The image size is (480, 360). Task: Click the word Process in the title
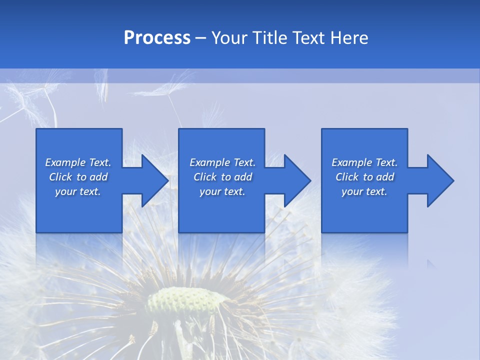(157, 38)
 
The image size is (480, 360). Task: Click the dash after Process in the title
(201, 39)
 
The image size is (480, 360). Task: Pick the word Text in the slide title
(309, 38)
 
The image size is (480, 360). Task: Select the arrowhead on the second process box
(296, 180)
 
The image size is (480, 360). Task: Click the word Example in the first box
(65, 162)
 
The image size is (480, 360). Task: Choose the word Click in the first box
(61, 177)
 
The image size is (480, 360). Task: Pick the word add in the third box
(385, 177)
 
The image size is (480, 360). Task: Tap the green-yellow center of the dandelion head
(180, 300)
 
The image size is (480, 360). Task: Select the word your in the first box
(65, 192)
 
